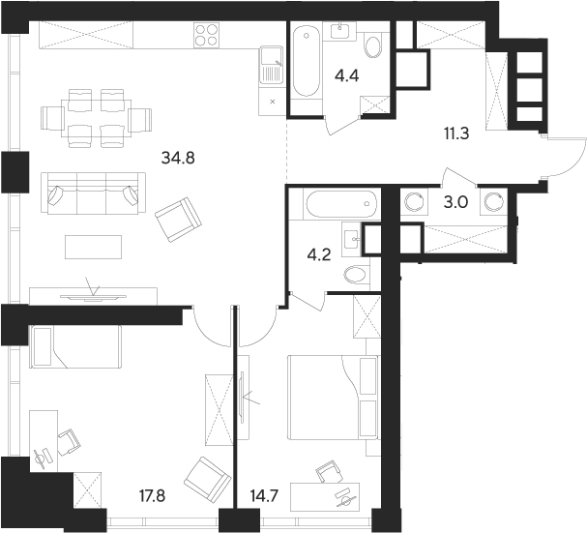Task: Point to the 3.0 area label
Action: [454, 203]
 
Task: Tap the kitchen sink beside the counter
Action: [270, 67]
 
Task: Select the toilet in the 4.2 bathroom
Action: [355, 275]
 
